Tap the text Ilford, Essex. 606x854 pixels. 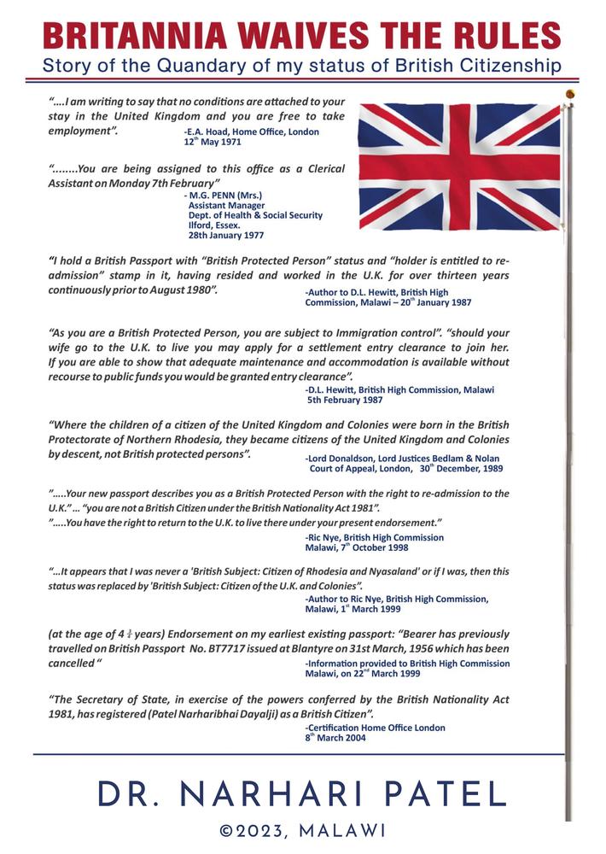click(x=214, y=225)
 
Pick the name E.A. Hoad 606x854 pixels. click(x=207, y=132)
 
